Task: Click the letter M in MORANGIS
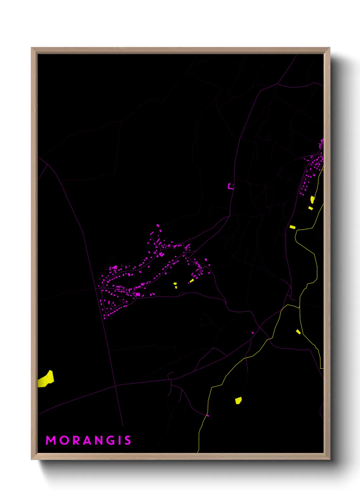tap(51, 440)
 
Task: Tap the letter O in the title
tap(65, 440)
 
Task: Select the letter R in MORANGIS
tap(77, 440)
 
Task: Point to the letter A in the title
tap(88, 440)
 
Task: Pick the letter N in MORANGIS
tap(101, 440)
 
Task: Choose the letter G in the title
tap(113, 440)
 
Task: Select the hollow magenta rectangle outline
tap(231, 186)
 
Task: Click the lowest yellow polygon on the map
tap(239, 400)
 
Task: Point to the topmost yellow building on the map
tap(312, 199)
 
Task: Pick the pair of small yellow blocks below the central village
tap(175, 285)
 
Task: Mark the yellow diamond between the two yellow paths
tap(298, 332)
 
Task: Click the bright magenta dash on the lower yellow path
tap(208, 415)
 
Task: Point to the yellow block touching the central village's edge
tap(192, 281)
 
